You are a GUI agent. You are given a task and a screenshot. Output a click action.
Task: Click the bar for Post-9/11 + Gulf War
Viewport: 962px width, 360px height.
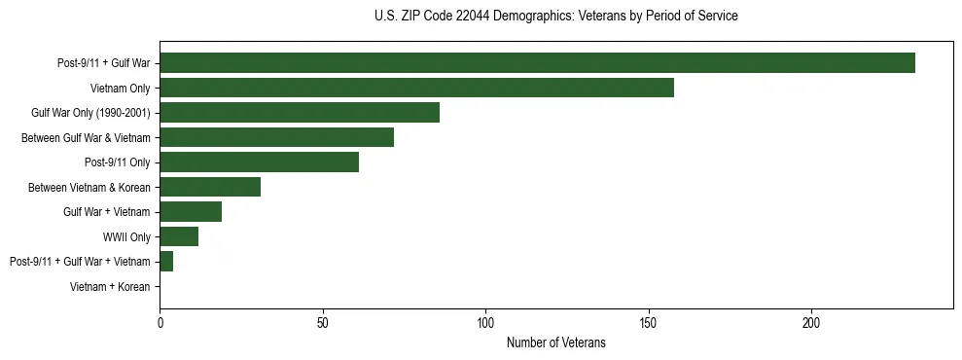[537, 63]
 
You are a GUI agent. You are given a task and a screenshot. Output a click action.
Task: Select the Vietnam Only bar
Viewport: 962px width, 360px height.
[416, 89]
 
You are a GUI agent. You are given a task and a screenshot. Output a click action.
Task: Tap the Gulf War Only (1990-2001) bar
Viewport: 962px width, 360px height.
[300, 113]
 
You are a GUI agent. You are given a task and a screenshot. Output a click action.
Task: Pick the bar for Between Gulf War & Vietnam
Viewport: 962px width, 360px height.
[276, 137]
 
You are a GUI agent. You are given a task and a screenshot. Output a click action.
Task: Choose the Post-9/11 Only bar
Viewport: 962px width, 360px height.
[259, 162]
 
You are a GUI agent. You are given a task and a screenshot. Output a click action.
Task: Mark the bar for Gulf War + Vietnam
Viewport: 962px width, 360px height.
[191, 212]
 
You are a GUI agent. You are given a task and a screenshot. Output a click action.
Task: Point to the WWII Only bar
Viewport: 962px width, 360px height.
[179, 236]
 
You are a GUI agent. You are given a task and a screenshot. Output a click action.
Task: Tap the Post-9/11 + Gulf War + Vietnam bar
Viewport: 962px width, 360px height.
[166, 262]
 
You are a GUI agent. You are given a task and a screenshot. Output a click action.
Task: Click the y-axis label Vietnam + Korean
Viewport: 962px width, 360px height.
[110, 287]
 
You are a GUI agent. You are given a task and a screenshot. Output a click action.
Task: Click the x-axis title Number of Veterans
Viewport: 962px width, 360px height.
[555, 342]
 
